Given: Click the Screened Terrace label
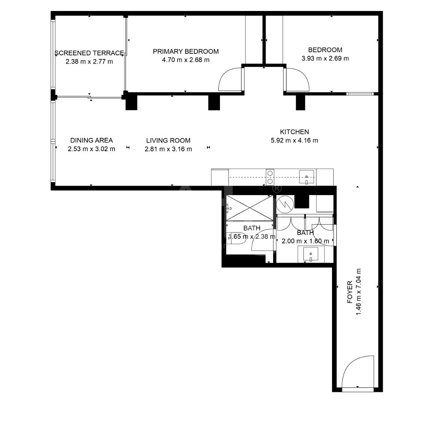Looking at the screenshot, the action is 89,53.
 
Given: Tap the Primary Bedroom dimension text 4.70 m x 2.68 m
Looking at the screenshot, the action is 186,60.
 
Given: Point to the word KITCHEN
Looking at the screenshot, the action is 294,132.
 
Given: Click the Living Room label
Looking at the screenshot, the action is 168,140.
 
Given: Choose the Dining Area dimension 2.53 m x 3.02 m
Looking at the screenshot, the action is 91,149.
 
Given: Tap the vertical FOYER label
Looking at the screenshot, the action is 350,292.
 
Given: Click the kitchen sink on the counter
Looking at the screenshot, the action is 307,177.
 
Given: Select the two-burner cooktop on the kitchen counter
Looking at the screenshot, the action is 270,177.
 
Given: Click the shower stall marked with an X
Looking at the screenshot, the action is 249,208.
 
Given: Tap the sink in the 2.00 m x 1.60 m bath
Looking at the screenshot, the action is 311,254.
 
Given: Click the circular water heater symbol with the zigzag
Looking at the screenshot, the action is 285,204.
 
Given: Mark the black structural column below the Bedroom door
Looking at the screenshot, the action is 301,102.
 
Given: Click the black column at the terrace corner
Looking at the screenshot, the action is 131,102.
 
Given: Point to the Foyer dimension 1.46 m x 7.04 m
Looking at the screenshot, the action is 358,292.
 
